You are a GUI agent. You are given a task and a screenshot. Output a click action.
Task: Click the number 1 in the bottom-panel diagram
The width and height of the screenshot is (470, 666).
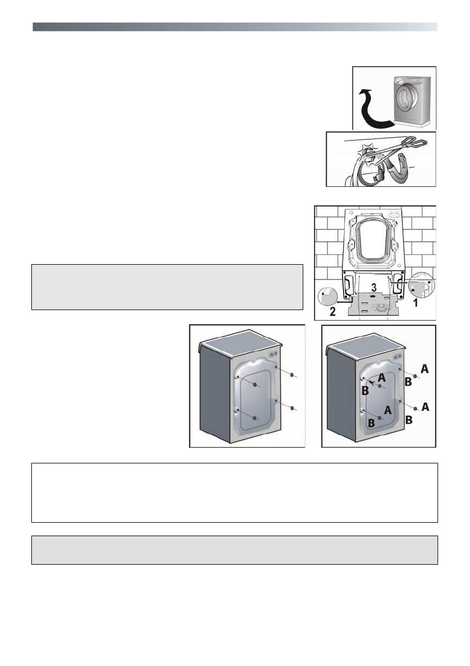click(x=415, y=303)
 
